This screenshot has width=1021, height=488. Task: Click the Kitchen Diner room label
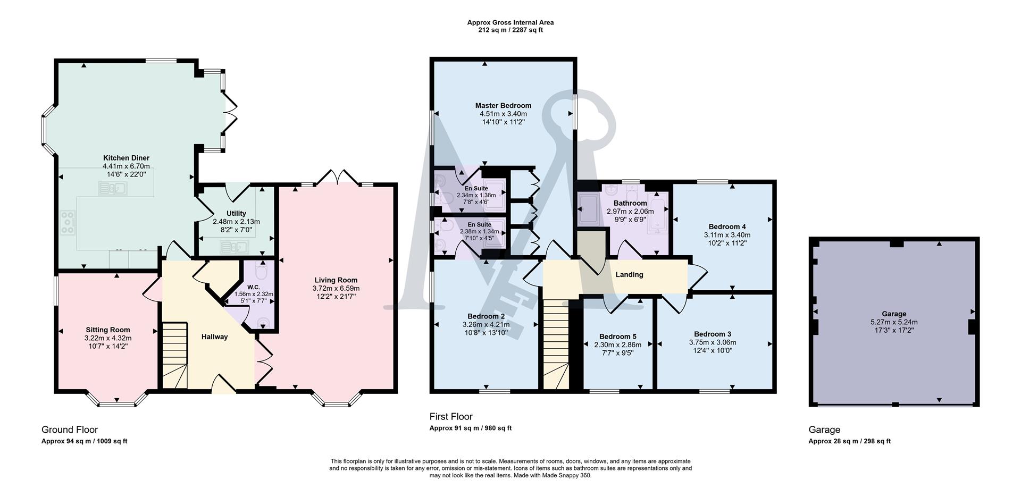tap(126, 158)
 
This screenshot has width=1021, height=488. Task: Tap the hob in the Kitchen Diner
tap(68, 222)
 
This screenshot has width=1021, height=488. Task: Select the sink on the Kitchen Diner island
tap(112, 188)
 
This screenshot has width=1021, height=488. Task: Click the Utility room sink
tap(234, 247)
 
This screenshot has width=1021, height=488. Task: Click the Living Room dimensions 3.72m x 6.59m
tap(336, 288)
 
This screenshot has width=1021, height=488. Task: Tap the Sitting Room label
tap(108, 330)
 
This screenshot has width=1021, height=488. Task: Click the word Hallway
tap(214, 336)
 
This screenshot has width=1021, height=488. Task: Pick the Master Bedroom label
tap(503, 106)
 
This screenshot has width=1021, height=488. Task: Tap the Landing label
tap(629, 275)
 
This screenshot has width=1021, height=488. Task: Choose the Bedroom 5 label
tap(617, 336)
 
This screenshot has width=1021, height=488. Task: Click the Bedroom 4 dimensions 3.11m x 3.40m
tap(727, 235)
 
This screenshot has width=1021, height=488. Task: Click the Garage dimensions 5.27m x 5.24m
tap(893, 322)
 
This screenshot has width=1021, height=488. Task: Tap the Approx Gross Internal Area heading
tap(510, 22)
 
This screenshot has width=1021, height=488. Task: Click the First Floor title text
tap(451, 417)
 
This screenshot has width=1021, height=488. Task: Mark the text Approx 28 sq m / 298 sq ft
tap(849, 441)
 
